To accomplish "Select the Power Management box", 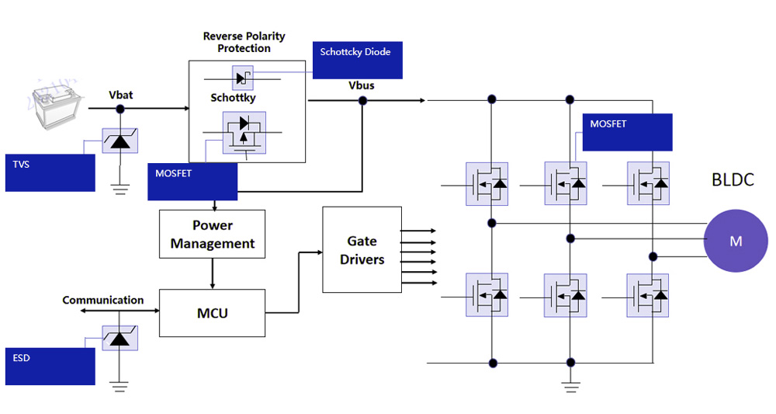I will (212, 234).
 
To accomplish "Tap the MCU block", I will (212, 313).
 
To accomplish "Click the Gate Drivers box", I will (362, 249).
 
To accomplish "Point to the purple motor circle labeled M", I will (736, 241).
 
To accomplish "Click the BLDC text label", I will (732, 180).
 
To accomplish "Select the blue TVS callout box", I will (50, 172).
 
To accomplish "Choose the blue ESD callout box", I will (50, 366).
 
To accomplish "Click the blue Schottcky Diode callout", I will (357, 60).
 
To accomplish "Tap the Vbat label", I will (120, 95).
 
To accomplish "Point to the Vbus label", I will (362, 85).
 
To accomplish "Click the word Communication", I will (103, 300).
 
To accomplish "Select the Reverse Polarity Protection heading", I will (244, 42).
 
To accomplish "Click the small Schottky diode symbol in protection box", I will (243, 78).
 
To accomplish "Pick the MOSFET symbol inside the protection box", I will (244, 133).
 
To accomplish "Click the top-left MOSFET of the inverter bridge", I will (487, 184).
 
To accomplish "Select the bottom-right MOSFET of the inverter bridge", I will (648, 295).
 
